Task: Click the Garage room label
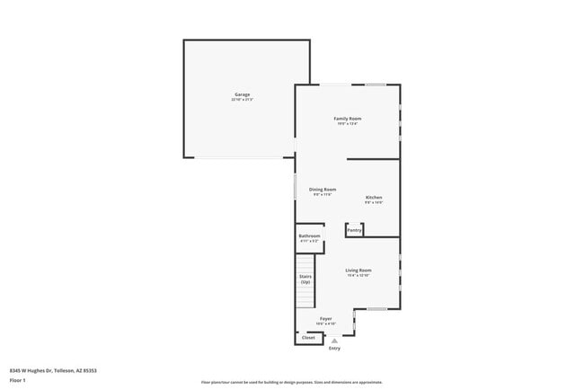coord(243,94)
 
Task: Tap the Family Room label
coord(348,119)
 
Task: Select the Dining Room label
coord(323,189)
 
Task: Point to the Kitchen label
coord(374,197)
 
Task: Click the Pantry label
coord(355,230)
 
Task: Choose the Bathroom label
coord(309,236)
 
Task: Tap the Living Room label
coord(358,270)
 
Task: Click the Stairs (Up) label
coord(306,279)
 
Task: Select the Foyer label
coord(326,318)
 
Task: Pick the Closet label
coord(308,338)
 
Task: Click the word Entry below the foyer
coord(334,349)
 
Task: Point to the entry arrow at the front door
coord(334,341)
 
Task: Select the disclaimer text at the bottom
coord(291,382)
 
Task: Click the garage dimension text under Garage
coord(243,100)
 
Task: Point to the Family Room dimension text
coord(348,124)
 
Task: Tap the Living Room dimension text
coord(358,275)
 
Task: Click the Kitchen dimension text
coord(374,202)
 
